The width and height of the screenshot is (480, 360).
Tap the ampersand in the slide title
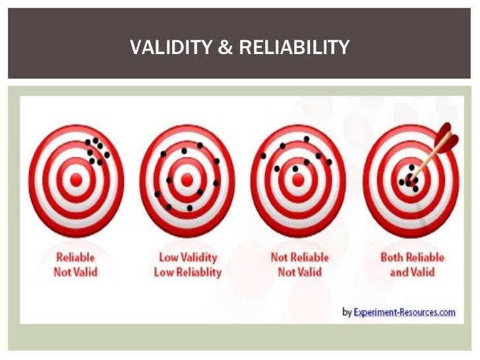225,47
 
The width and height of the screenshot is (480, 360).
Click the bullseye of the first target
76,178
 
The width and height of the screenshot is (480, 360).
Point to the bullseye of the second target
187,178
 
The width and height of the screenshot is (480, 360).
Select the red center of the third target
298,178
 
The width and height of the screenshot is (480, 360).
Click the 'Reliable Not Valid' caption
76,264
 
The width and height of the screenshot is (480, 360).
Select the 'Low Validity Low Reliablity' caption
188,264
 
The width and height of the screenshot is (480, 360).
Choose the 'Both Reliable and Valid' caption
412,264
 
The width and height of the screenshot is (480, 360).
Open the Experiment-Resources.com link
404,312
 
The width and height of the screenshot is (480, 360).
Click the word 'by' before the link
347,313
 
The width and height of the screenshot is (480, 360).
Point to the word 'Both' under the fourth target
392,257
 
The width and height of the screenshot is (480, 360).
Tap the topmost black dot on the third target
306,138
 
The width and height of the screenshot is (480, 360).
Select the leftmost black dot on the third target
263,156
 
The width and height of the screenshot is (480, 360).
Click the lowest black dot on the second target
189,208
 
